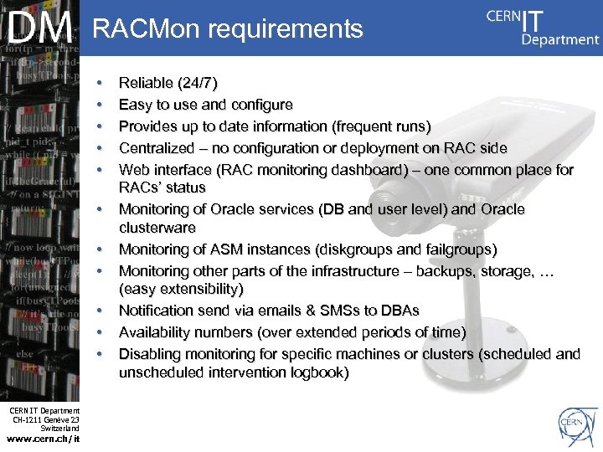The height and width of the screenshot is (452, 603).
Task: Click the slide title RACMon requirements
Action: (x=228, y=30)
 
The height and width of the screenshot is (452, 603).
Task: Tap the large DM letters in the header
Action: (x=40, y=28)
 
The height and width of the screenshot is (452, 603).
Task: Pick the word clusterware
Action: (x=157, y=228)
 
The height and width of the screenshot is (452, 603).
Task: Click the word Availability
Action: (x=157, y=332)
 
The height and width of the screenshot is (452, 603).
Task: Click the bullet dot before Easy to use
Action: (x=100, y=105)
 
